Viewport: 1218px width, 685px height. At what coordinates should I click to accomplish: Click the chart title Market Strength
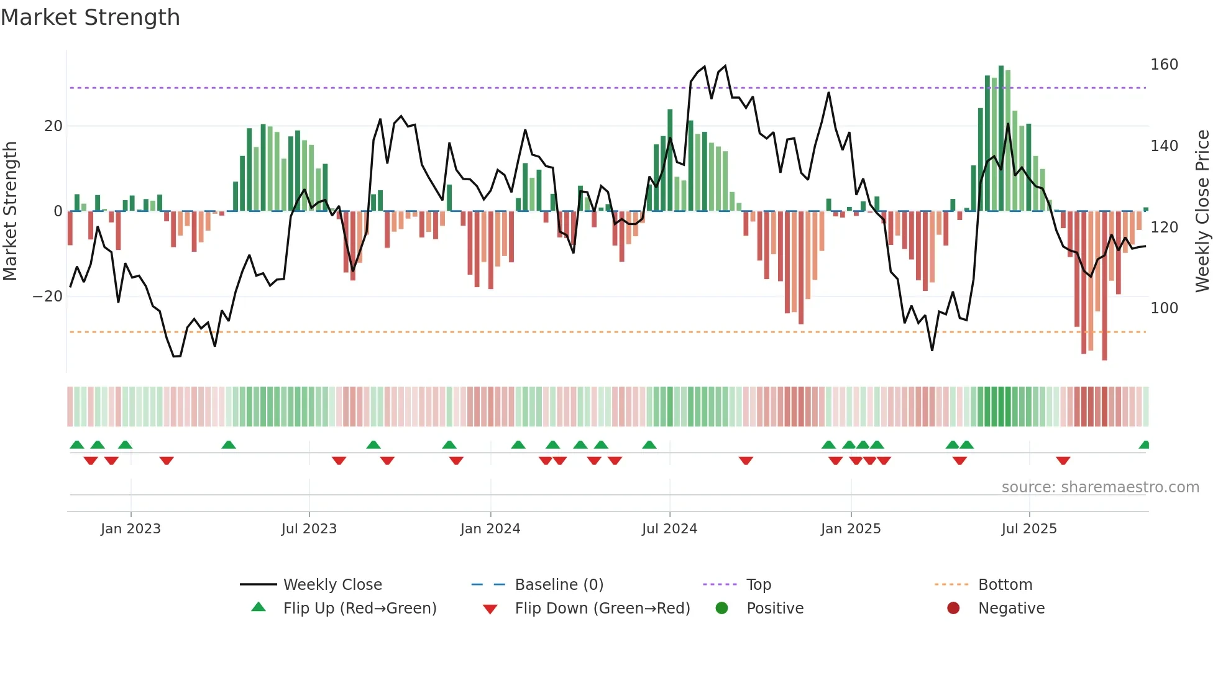90,17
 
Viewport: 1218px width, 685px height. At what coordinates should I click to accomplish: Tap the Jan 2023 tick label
130,529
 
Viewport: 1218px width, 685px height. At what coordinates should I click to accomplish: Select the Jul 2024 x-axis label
669,529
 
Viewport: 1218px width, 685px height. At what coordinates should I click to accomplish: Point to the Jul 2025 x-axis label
1029,529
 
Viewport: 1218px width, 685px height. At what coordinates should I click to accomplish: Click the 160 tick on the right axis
1164,65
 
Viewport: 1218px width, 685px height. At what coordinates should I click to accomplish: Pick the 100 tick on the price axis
1164,308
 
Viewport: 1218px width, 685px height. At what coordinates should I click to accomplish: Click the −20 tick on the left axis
48,297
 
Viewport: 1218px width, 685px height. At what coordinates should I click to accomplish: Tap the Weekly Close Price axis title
1202,211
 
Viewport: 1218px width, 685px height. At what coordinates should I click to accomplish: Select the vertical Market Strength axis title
11,211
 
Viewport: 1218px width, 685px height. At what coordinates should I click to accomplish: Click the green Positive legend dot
721,608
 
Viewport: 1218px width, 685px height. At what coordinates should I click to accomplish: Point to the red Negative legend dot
953,608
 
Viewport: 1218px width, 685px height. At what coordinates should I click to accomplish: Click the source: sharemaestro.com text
1100,487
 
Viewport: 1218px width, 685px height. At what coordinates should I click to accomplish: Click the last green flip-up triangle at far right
1145,445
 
